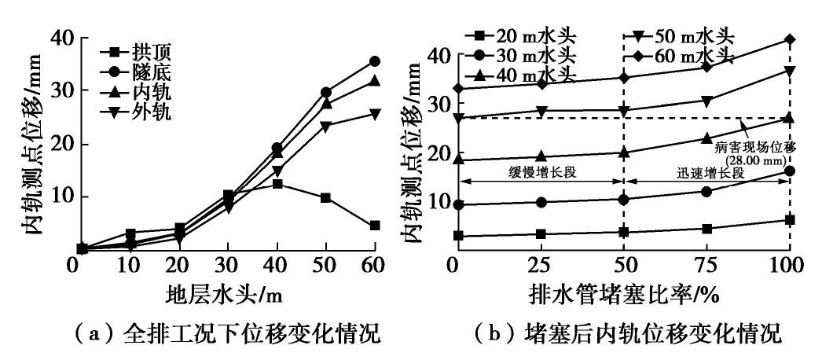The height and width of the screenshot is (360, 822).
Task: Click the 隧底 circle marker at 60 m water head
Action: [x=374, y=61]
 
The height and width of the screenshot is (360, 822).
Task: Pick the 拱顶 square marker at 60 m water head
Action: [x=374, y=226]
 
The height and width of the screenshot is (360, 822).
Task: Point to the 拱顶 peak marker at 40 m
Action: [x=277, y=184]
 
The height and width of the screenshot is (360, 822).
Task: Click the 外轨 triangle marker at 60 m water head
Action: [x=374, y=114]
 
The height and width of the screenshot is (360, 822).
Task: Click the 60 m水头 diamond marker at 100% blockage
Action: [x=790, y=39]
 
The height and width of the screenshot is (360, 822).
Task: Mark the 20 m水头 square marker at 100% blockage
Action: [x=790, y=220]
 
